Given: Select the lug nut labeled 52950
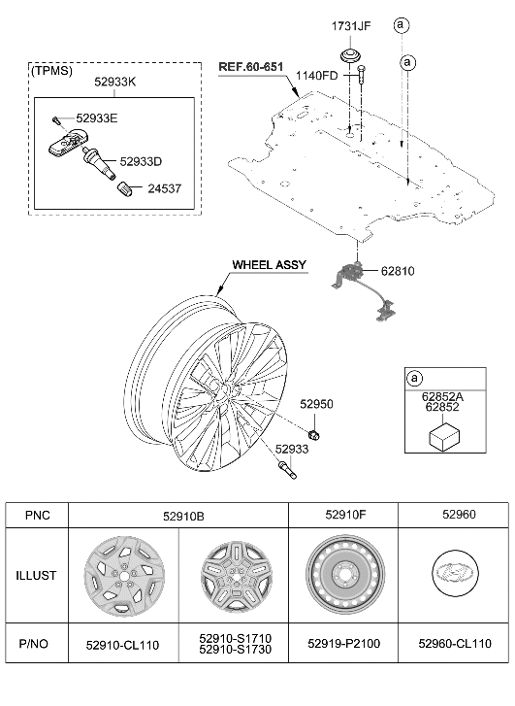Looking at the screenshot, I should tap(314, 430).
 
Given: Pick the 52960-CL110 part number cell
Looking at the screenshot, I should tap(454, 643).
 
